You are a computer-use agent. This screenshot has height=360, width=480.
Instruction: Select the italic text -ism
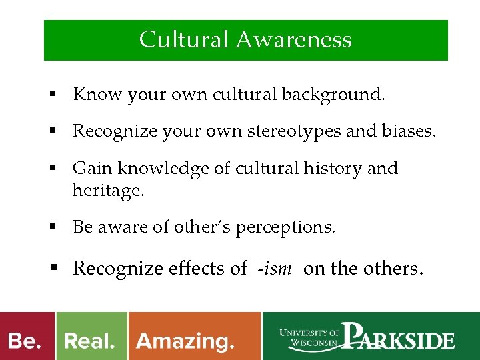[x=274, y=269]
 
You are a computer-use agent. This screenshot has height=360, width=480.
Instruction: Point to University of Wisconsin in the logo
[x=310, y=339]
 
